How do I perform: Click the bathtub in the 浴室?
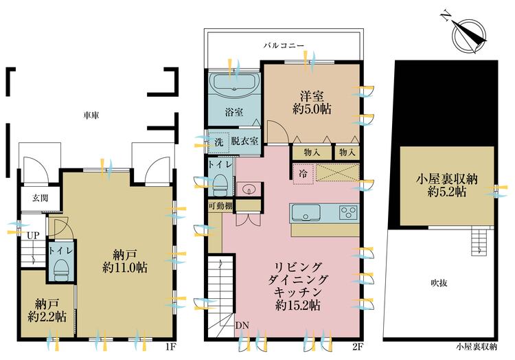(233, 87)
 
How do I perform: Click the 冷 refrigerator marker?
(303, 174)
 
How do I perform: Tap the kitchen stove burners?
(347, 212)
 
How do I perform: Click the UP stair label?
(32, 235)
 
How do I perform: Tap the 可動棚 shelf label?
(219, 205)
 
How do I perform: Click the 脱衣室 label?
(244, 142)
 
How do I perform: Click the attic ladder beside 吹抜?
(478, 241)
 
